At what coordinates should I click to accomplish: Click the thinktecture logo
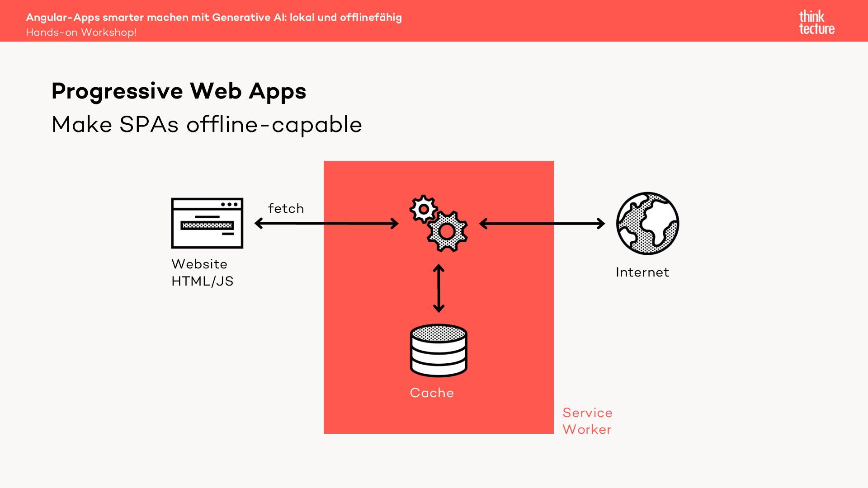click(x=816, y=23)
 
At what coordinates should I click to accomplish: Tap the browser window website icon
click(x=207, y=223)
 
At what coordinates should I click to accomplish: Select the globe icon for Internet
click(x=647, y=223)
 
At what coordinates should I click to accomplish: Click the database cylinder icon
click(x=439, y=351)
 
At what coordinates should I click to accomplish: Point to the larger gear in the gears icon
click(x=447, y=231)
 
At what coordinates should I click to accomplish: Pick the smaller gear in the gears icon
click(x=423, y=209)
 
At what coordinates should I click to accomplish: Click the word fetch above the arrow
click(x=286, y=209)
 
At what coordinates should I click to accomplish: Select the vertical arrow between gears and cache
click(x=439, y=288)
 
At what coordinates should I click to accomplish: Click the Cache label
click(x=432, y=393)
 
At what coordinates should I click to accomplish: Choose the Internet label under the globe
click(x=642, y=272)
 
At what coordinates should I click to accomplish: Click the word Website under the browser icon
click(x=199, y=264)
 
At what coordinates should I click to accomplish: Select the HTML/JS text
click(x=202, y=281)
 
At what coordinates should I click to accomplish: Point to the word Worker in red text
click(x=587, y=429)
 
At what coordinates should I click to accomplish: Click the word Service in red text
click(x=587, y=413)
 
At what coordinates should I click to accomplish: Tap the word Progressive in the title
click(x=117, y=91)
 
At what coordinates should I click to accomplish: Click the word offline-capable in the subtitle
click(x=274, y=125)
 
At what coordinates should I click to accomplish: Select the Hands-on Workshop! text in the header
click(x=81, y=33)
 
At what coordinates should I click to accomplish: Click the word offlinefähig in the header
click(x=371, y=17)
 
